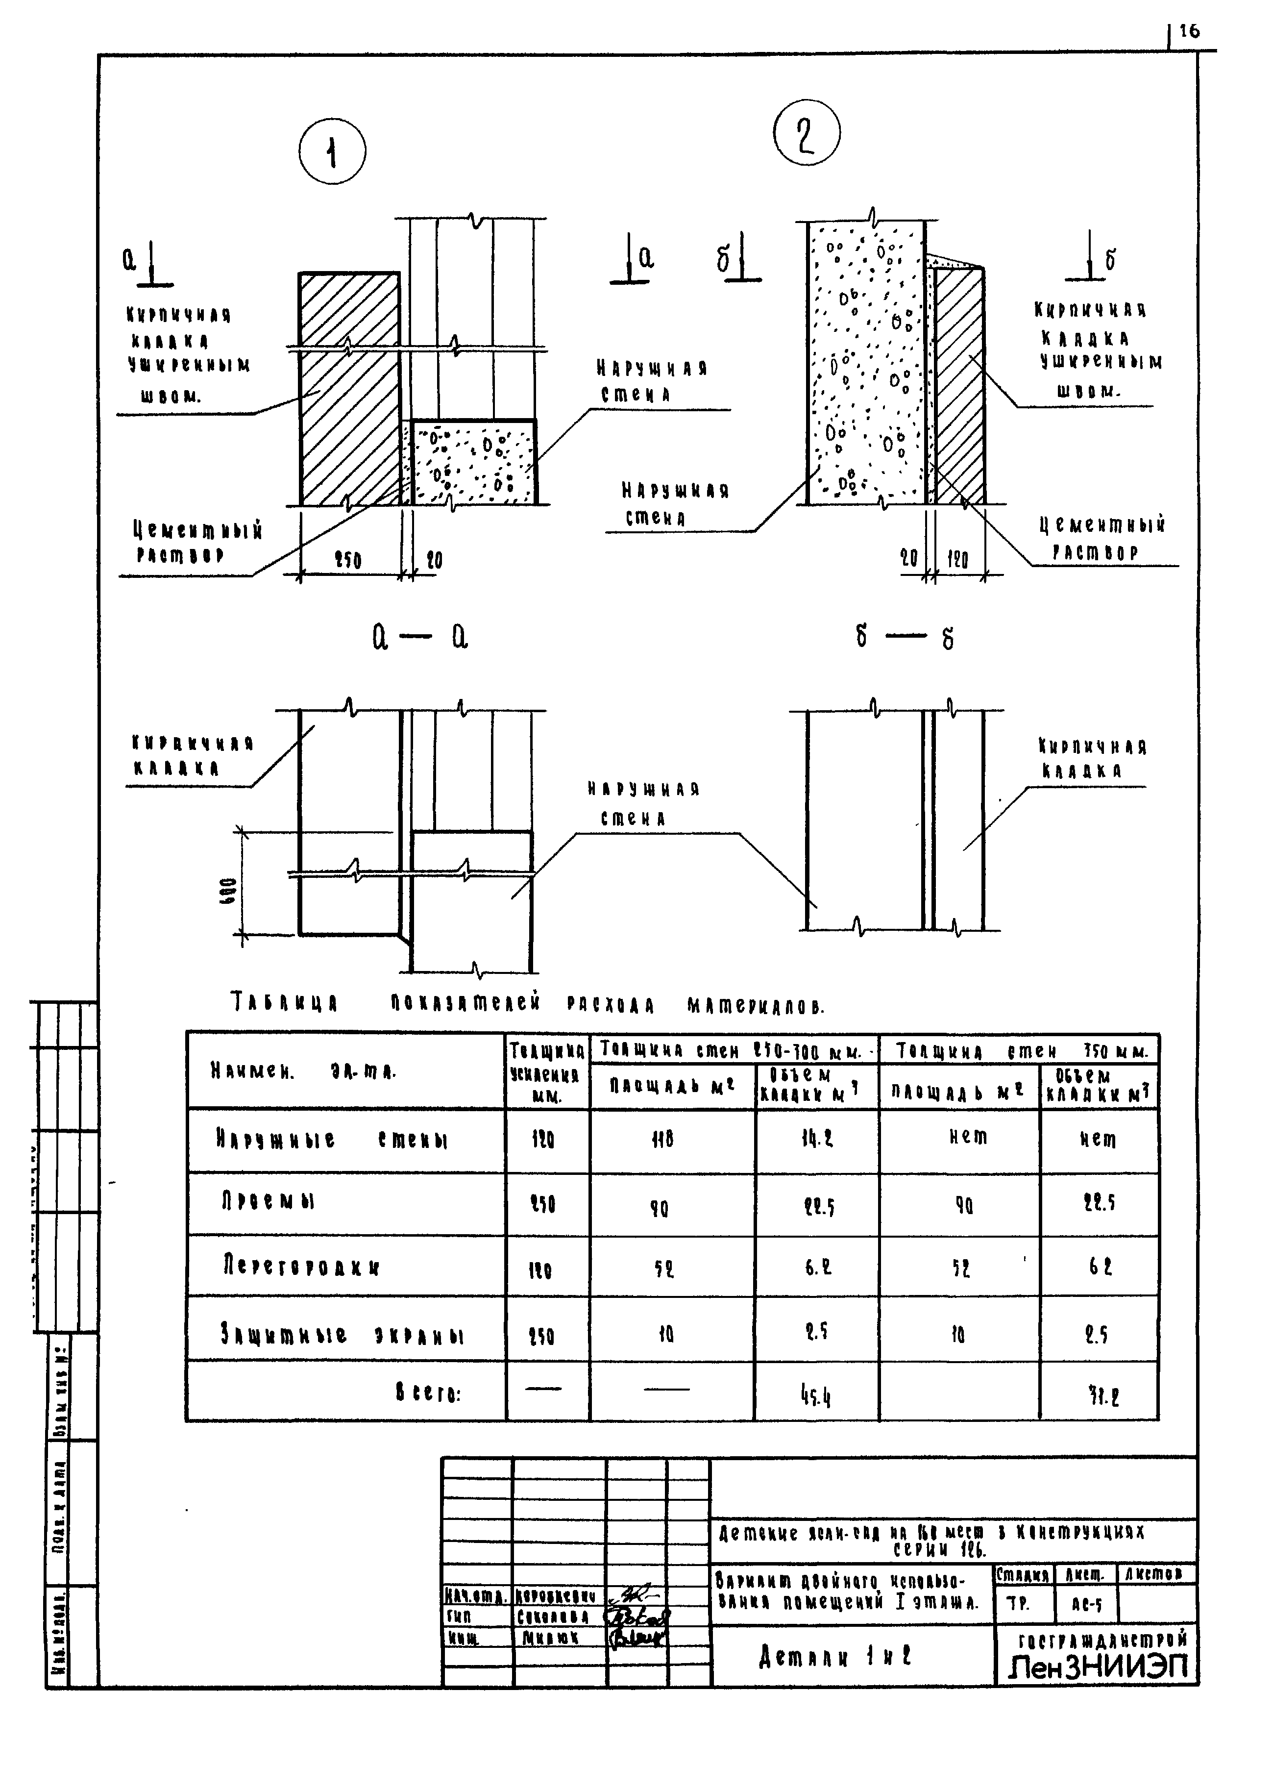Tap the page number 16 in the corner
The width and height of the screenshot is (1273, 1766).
pyautogui.click(x=1189, y=32)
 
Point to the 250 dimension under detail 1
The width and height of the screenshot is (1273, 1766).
pyautogui.click(x=347, y=560)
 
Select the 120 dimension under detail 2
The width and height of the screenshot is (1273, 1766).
pyautogui.click(x=957, y=559)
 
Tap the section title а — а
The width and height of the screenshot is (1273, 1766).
pyautogui.click(x=419, y=639)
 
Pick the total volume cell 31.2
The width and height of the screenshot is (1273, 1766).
pyautogui.click(x=1100, y=1396)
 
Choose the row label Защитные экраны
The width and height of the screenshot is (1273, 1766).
pyautogui.click(x=342, y=1335)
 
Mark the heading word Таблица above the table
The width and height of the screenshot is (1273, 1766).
pyautogui.click(x=284, y=1002)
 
